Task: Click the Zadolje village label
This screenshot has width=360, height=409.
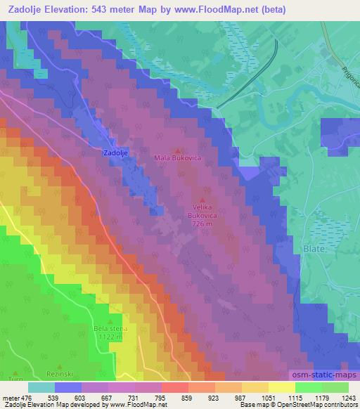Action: pos(114,152)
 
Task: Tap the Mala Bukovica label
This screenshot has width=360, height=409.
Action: pos(178,158)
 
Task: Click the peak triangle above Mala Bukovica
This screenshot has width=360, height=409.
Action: pos(178,150)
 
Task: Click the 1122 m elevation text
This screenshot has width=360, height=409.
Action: pos(108,337)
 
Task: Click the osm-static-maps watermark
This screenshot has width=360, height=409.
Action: pos(324,374)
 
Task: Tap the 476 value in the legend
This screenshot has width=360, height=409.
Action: pos(27,397)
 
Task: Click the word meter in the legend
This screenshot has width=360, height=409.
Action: pos(11,397)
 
